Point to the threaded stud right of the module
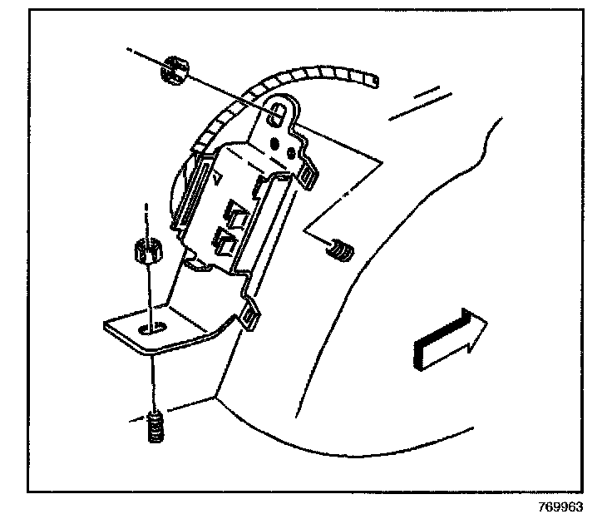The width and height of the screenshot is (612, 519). [x=339, y=248]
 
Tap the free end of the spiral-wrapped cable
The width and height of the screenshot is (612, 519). [x=379, y=80]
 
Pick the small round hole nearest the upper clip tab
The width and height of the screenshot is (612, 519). [x=291, y=153]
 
